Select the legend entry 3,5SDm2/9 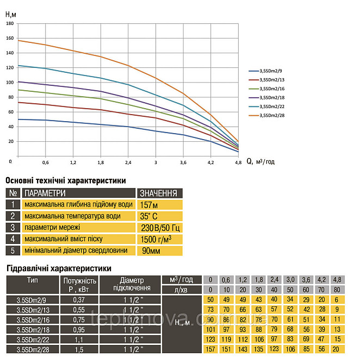click(x=272, y=71)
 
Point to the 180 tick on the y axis click(x=9, y=23)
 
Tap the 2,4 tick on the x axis click(x=128, y=162)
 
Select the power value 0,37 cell click(x=79, y=299)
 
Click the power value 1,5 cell click(x=79, y=349)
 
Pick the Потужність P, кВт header click(x=79, y=285)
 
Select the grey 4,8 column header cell click(x=337, y=280)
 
